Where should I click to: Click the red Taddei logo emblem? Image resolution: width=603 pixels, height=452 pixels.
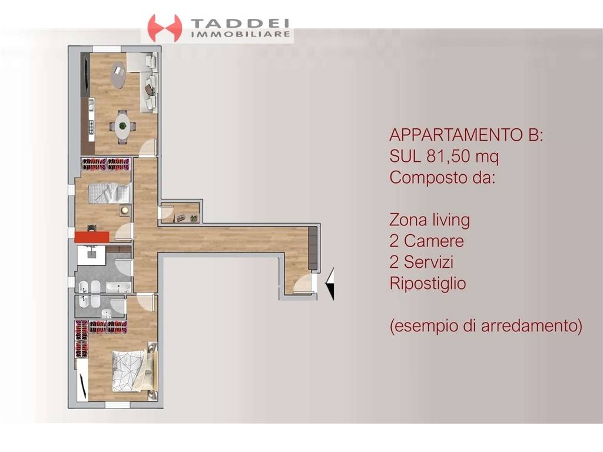coord(164,28)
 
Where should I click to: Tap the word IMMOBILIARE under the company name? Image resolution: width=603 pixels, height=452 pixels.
coord(241,35)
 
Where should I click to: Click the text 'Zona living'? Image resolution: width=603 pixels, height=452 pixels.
coord(429,220)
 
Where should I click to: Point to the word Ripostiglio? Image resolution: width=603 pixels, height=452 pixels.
coord(428,284)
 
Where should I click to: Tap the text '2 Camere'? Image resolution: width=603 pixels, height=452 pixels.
coord(426,241)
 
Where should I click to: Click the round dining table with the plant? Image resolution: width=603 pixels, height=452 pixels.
coord(122,125)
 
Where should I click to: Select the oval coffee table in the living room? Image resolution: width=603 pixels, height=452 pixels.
coord(118,75)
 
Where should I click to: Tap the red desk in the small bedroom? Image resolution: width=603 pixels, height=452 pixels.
coord(92,236)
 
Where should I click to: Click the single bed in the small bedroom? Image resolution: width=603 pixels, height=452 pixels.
coord(108,192)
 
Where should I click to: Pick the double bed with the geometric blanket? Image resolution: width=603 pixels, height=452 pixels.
coord(132,370)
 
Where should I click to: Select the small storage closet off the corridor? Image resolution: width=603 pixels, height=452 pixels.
coord(181,213)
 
